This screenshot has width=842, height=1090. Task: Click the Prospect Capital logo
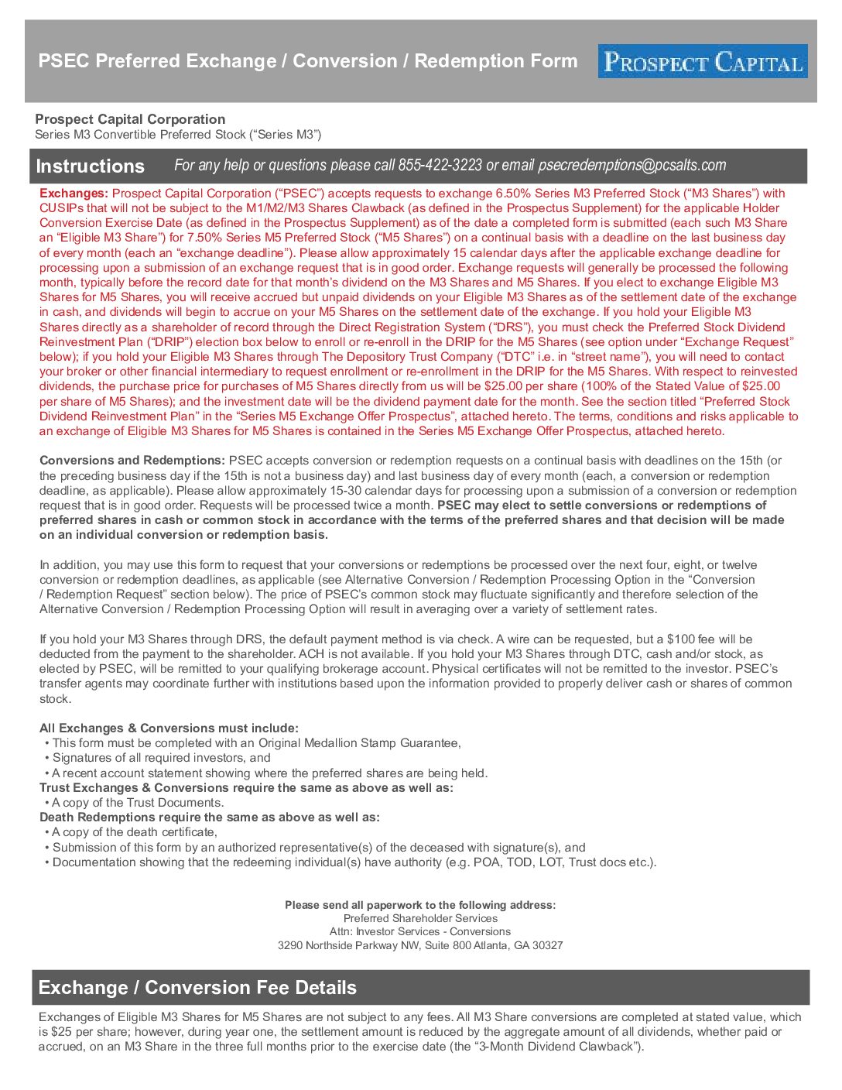(702, 61)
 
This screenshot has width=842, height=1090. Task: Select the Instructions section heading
(90, 166)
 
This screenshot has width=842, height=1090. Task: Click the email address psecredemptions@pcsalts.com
(631, 166)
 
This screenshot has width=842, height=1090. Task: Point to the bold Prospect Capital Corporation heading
(130, 119)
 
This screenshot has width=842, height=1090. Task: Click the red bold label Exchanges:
(74, 194)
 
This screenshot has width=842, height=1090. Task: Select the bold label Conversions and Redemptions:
(132, 461)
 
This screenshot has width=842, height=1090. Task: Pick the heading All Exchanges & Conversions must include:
(169, 728)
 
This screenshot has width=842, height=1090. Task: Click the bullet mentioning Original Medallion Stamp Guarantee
(256, 743)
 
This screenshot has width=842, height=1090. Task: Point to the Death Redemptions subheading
(209, 817)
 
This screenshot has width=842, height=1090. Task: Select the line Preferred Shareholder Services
(420, 918)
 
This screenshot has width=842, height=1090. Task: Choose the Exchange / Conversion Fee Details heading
(197, 988)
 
